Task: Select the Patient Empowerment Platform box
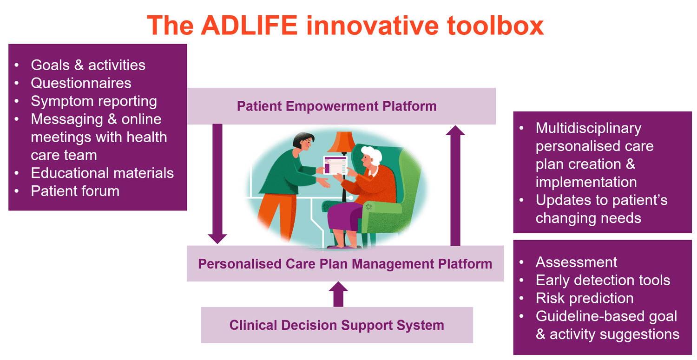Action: tap(336, 106)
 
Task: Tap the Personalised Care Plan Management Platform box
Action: tap(345, 264)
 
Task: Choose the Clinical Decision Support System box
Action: tap(336, 325)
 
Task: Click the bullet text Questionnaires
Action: tap(81, 83)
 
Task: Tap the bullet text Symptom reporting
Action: tap(93, 101)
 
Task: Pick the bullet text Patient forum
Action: tap(75, 191)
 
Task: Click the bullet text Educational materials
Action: tap(102, 173)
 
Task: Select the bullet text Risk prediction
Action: tap(584, 298)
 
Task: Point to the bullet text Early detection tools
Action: tap(603, 280)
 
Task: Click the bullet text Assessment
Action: tap(576, 262)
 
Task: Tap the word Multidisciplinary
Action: tap(588, 128)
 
